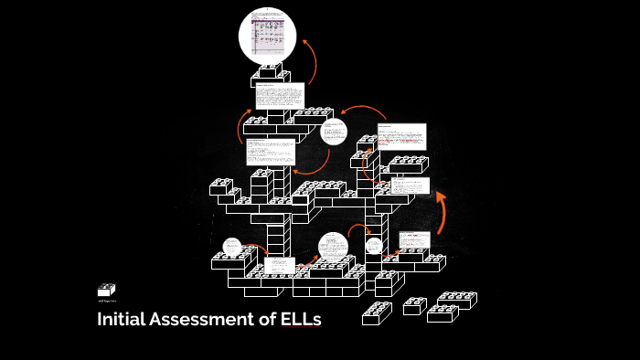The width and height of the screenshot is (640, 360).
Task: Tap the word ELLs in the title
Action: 301,321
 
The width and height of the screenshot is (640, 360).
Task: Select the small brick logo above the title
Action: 106,290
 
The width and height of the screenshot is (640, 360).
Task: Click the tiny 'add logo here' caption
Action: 106,301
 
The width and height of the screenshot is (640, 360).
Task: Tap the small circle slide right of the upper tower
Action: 335,132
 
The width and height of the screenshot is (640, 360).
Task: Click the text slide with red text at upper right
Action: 401,137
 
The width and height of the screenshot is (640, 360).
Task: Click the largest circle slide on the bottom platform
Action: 334,248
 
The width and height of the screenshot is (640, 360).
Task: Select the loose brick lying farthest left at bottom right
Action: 377,313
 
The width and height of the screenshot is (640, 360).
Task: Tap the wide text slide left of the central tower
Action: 271,152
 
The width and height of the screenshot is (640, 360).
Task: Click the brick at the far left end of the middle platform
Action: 220,186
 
